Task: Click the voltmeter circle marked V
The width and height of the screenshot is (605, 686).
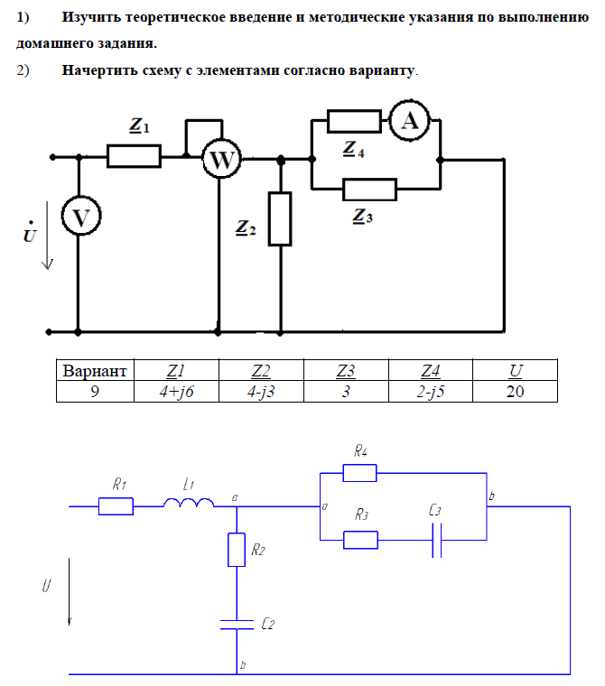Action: pyautogui.click(x=80, y=217)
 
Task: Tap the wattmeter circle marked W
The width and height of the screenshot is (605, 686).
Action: pyautogui.click(x=220, y=160)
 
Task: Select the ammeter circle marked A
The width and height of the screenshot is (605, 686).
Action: pyautogui.click(x=409, y=122)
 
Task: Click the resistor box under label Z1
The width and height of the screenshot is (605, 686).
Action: pyautogui.click(x=134, y=156)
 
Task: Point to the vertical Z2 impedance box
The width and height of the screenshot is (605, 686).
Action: pyautogui.click(x=281, y=218)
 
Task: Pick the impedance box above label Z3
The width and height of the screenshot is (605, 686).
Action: pyautogui.click(x=370, y=189)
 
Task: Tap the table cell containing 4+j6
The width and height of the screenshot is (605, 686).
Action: pyautogui.click(x=176, y=392)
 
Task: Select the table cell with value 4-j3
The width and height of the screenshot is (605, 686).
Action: pyautogui.click(x=261, y=392)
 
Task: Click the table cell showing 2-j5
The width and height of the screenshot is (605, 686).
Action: pyautogui.click(x=431, y=392)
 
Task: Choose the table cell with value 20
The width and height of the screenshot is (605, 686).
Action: pyautogui.click(x=515, y=392)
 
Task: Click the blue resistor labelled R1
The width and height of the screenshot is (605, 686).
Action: pyautogui.click(x=116, y=506)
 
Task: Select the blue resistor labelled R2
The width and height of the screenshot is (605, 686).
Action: pyautogui.click(x=236, y=550)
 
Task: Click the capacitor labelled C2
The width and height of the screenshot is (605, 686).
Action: pyautogui.click(x=236, y=624)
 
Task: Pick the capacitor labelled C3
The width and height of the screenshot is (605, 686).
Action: pyautogui.click(x=436, y=540)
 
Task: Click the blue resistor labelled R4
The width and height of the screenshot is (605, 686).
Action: pyautogui.click(x=360, y=471)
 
